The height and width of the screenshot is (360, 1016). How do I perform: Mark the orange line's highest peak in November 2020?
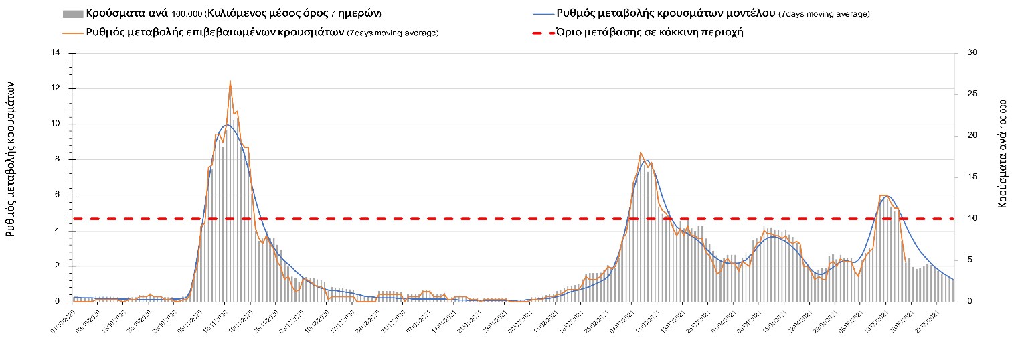[230, 82]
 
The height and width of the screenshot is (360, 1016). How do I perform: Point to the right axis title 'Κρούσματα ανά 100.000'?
[1002, 153]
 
